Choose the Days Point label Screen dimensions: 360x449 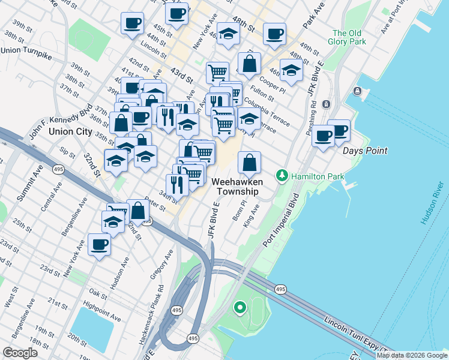365,151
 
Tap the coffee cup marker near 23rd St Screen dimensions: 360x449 100,245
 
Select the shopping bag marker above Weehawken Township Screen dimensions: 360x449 250,163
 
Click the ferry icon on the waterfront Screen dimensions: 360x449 358,91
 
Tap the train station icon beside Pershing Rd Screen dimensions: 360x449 327,104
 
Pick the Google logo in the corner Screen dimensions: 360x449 20,352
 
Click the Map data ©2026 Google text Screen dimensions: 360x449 412,355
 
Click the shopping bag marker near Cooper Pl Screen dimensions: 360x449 249,63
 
